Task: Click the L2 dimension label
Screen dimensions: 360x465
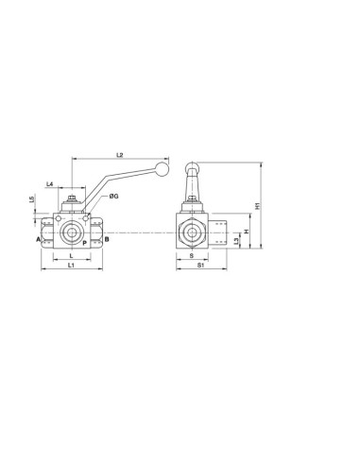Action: click(119, 155)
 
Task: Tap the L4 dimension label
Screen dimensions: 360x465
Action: click(49, 183)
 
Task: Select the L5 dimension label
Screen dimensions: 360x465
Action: click(31, 199)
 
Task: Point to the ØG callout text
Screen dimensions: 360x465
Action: click(113, 197)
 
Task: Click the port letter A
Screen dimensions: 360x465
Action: click(38, 239)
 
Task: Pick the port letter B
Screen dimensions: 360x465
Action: click(107, 239)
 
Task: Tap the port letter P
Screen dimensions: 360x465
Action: click(84, 243)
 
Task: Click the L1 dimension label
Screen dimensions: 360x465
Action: click(71, 265)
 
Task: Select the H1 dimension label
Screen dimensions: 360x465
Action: click(258, 206)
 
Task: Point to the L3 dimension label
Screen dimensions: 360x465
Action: click(236, 241)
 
